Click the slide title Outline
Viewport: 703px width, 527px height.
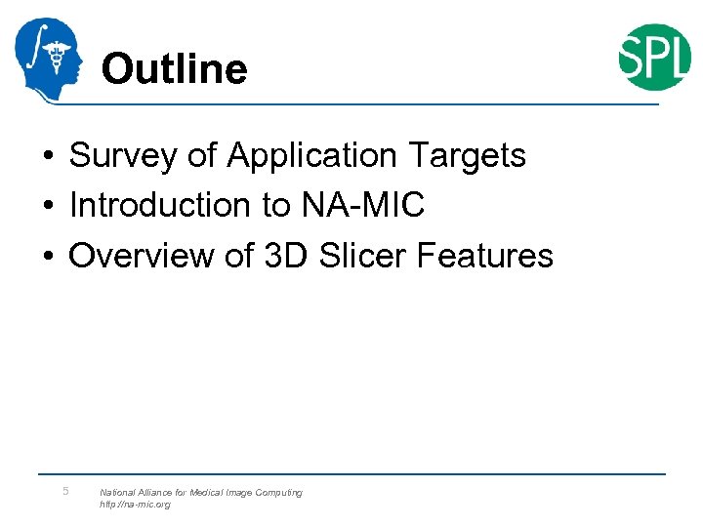point(174,69)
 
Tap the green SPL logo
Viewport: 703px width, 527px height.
point(654,57)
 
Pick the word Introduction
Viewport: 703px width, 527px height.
point(159,205)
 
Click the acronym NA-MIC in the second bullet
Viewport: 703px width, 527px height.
point(362,205)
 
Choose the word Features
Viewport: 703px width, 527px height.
point(485,256)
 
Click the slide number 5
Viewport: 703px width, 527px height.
point(65,491)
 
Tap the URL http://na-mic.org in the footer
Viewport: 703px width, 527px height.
point(135,505)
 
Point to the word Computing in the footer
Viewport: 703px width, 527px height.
point(278,493)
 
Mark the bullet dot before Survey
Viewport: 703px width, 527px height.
point(47,156)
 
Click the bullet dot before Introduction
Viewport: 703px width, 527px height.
point(47,206)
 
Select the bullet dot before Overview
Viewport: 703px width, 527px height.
point(47,257)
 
